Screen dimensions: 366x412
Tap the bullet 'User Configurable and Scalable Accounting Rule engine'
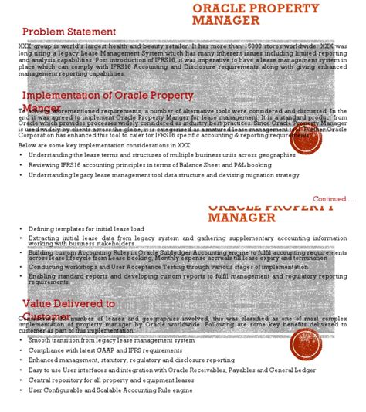109,390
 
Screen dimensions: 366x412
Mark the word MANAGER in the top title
225,22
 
